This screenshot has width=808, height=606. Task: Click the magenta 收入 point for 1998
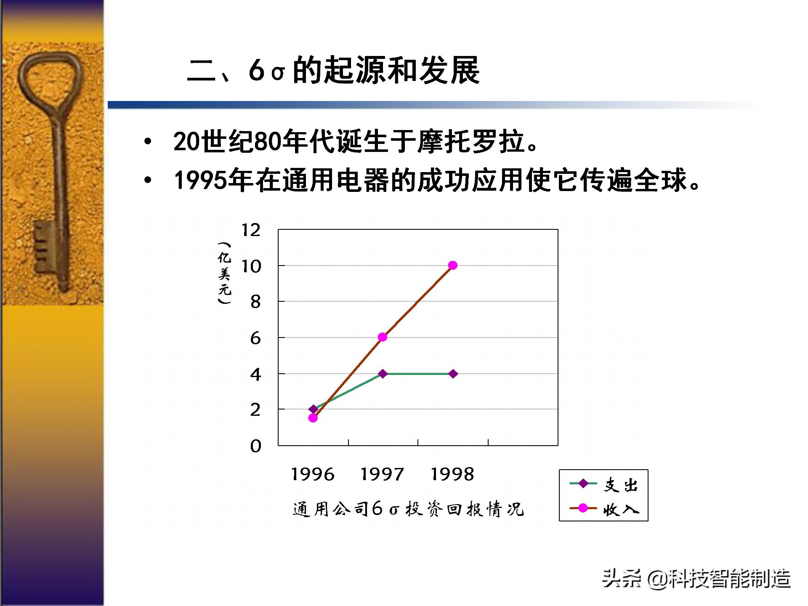[x=453, y=265]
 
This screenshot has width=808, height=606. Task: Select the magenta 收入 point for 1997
[x=383, y=337]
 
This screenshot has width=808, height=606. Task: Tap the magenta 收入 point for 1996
[x=313, y=418]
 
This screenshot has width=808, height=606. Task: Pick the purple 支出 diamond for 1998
[x=453, y=374]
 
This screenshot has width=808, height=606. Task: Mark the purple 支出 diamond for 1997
[x=383, y=374]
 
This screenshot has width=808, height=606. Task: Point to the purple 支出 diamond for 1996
[x=313, y=409]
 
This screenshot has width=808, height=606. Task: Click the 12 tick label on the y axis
[x=251, y=230]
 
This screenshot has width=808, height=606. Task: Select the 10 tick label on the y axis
[x=251, y=266]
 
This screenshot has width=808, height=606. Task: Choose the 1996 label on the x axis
[x=313, y=475]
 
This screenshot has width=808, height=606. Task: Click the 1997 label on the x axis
[x=382, y=475]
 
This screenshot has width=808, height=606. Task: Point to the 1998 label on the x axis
[x=452, y=475]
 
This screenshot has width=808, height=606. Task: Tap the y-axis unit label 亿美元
[x=224, y=273]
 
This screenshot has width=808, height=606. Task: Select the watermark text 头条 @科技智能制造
[x=696, y=579]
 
